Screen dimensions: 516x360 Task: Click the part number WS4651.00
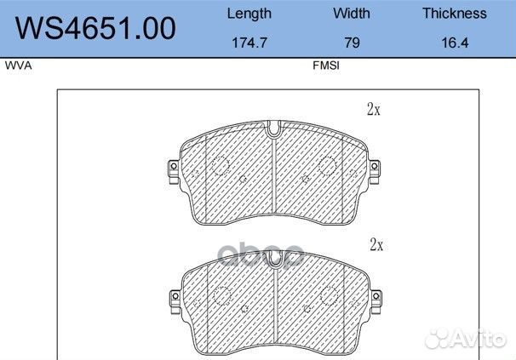(95, 28)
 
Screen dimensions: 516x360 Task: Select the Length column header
(249, 14)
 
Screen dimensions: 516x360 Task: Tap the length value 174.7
(249, 43)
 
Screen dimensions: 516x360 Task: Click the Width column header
(352, 14)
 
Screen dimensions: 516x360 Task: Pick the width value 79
(352, 43)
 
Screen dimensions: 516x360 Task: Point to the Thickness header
(455, 14)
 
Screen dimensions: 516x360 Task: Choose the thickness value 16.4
(455, 43)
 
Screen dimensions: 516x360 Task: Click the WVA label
(19, 66)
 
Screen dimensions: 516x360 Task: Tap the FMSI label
(326, 66)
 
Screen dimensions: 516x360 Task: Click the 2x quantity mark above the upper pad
(374, 109)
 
